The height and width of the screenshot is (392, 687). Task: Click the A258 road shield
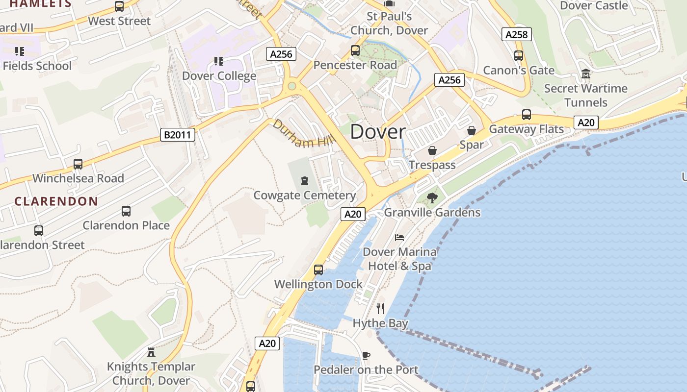[517, 34]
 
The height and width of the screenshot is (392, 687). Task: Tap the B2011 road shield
[178, 135]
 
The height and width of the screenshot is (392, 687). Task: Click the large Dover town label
[378, 132]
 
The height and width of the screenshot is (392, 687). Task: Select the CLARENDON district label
[56, 201]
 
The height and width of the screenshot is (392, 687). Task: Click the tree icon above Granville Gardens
[432, 198]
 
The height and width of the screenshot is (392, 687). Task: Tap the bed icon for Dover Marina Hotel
[399, 238]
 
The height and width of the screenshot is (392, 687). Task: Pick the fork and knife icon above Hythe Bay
[380, 308]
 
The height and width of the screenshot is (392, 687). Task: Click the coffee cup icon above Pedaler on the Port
[366, 355]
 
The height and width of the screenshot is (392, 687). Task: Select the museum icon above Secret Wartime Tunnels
[585, 74]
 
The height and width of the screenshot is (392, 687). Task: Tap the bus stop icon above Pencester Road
[355, 50]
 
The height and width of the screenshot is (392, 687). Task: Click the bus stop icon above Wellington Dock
[318, 270]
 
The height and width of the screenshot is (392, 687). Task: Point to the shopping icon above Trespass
[432, 150]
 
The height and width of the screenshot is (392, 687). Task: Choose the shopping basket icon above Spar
[472, 130]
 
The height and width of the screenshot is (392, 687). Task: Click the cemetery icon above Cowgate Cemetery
[305, 181]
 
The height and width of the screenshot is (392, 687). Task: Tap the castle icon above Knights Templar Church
[151, 352]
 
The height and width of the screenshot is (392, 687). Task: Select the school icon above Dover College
[218, 61]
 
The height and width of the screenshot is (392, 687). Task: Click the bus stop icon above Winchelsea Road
[78, 164]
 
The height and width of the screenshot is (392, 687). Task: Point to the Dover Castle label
[594, 6]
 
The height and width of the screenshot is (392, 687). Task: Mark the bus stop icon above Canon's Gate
[519, 56]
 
